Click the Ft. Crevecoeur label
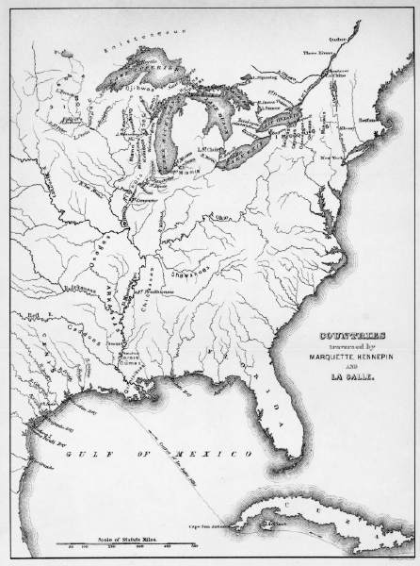point(142,200)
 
